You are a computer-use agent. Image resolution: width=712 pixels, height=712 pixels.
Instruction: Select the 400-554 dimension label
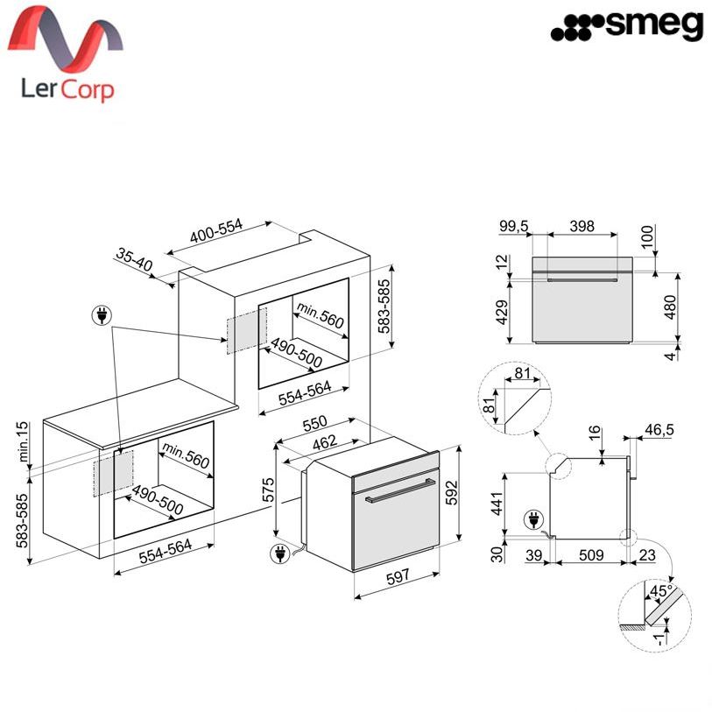(x=216, y=230)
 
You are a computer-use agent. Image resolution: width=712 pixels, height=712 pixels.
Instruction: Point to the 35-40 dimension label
(x=134, y=259)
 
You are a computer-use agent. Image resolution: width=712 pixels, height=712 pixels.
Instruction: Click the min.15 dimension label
(x=22, y=441)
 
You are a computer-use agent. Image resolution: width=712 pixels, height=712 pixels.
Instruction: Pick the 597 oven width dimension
(x=398, y=578)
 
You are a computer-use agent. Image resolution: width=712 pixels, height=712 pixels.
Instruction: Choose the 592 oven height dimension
(x=452, y=493)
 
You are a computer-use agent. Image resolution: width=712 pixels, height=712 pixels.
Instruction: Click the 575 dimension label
(x=269, y=490)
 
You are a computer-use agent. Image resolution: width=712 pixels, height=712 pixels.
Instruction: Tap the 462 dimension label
(x=325, y=442)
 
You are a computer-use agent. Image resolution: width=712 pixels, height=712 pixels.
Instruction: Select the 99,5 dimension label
(x=514, y=226)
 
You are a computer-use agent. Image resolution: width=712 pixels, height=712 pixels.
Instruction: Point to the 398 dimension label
(x=582, y=226)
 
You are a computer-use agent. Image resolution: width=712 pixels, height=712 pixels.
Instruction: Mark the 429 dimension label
(x=502, y=313)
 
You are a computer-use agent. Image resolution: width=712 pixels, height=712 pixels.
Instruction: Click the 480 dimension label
(x=670, y=307)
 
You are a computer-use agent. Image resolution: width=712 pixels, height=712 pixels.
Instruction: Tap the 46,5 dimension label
(x=659, y=429)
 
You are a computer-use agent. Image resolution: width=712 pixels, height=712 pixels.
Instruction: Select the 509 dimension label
(x=591, y=555)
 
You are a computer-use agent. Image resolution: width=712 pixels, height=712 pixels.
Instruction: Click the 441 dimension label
(x=498, y=503)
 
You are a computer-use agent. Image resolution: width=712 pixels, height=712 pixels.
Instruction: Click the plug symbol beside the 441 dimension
(x=534, y=519)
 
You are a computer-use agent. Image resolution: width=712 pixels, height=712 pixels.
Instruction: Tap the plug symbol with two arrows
(x=102, y=315)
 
